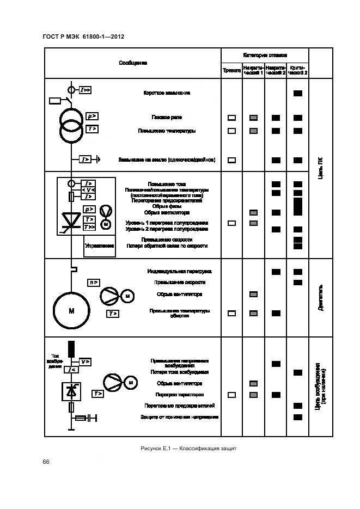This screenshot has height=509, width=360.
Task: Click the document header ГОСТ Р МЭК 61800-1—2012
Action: [x=83, y=36]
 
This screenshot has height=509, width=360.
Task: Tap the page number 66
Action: [x=46, y=462]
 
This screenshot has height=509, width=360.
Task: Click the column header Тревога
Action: [x=231, y=71]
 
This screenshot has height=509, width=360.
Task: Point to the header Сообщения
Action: [x=133, y=63]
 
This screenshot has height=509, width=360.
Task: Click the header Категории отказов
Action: [x=265, y=56]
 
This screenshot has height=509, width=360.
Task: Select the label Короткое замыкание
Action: [x=167, y=93]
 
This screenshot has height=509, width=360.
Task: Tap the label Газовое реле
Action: [x=167, y=117]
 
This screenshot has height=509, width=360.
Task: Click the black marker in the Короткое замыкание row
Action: [x=297, y=93]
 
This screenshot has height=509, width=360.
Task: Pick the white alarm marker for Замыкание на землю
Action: [x=231, y=160]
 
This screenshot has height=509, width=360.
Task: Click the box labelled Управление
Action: [x=99, y=246]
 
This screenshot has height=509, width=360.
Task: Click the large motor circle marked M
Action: [x=71, y=311]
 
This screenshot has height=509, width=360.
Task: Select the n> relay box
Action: [x=94, y=282]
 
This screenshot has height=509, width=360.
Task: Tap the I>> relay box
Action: [x=85, y=89]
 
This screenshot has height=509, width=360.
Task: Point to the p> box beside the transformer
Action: [x=91, y=116]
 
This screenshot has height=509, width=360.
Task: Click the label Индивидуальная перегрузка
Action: [x=179, y=271]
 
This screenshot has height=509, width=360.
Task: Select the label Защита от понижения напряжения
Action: [x=182, y=417]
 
